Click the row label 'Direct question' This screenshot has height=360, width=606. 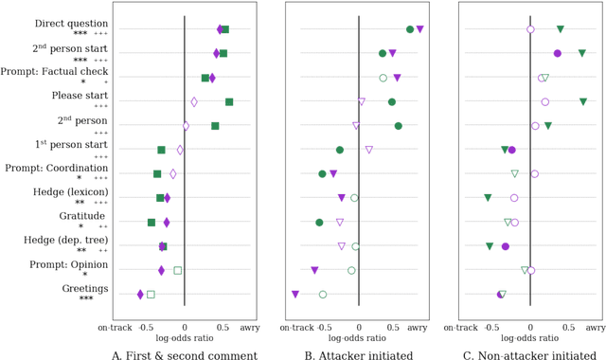click(x=71, y=23)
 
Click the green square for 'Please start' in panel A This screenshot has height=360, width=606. click(x=229, y=101)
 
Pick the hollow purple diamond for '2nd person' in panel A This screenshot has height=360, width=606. click(x=186, y=126)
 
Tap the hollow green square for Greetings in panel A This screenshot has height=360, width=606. click(x=151, y=295)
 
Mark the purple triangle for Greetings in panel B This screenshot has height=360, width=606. click(x=295, y=295)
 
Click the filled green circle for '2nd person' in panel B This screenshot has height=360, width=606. click(x=398, y=126)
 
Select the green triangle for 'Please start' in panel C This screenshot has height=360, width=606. click(x=583, y=101)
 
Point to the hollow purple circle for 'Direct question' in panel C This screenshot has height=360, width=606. click(x=530, y=29)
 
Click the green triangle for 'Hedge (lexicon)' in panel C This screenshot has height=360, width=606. click(x=488, y=198)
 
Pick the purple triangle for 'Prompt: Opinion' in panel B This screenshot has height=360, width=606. click(x=314, y=271)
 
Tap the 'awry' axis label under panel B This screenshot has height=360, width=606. click(x=419, y=326)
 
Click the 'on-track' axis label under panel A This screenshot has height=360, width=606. click(x=116, y=326)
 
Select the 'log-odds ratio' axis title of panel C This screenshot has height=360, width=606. click(x=530, y=337)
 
